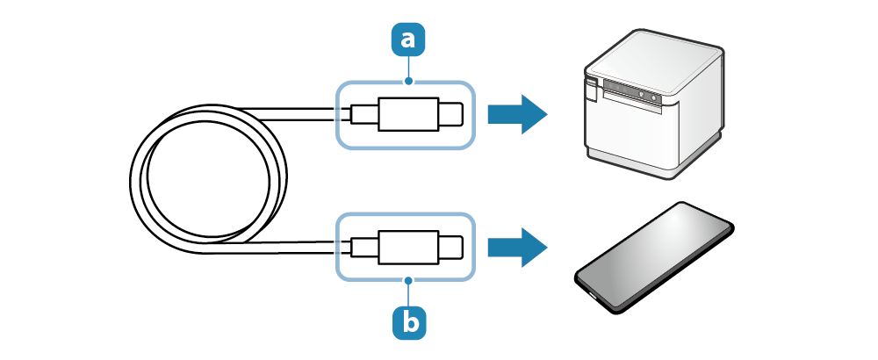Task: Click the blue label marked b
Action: pyautogui.click(x=409, y=321)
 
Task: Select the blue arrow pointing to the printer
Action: pyautogui.click(x=517, y=114)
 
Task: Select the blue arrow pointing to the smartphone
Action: pyautogui.click(x=517, y=248)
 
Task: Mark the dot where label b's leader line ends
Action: pyautogui.click(x=409, y=280)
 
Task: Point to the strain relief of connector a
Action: pyautogui.click(x=363, y=114)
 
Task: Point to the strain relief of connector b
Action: pyautogui.click(x=363, y=248)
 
